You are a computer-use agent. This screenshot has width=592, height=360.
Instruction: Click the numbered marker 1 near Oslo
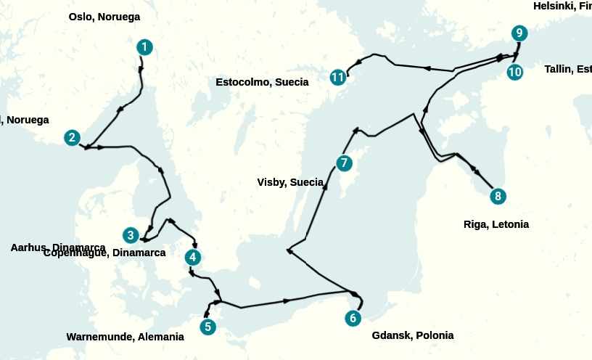[145, 47]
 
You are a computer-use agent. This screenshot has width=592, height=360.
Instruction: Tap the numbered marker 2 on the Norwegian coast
[71, 137]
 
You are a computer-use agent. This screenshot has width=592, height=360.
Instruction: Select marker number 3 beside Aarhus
[131, 235]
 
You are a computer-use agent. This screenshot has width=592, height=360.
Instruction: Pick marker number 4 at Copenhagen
[192, 257]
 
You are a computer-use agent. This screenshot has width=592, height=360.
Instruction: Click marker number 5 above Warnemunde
[208, 327]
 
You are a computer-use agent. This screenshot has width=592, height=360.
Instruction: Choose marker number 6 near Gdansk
[353, 318]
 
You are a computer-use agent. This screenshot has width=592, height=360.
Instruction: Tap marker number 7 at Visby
[344, 163]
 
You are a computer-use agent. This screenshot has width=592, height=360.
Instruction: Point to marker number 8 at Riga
[497, 196]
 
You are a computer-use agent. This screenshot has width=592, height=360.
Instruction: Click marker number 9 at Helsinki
[519, 33]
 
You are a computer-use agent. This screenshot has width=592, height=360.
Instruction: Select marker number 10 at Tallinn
[515, 72]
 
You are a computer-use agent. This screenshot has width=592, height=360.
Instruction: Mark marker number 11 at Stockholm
[337, 77]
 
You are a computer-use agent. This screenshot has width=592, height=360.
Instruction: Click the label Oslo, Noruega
[104, 17]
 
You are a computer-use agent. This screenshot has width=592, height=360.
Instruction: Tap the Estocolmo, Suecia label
[262, 82]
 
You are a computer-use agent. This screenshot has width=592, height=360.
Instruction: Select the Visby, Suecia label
[290, 182]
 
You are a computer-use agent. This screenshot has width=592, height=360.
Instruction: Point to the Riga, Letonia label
[496, 224]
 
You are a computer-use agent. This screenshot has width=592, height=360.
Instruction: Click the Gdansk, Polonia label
[412, 335]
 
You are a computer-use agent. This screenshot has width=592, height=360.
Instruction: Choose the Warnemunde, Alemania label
[125, 337]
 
